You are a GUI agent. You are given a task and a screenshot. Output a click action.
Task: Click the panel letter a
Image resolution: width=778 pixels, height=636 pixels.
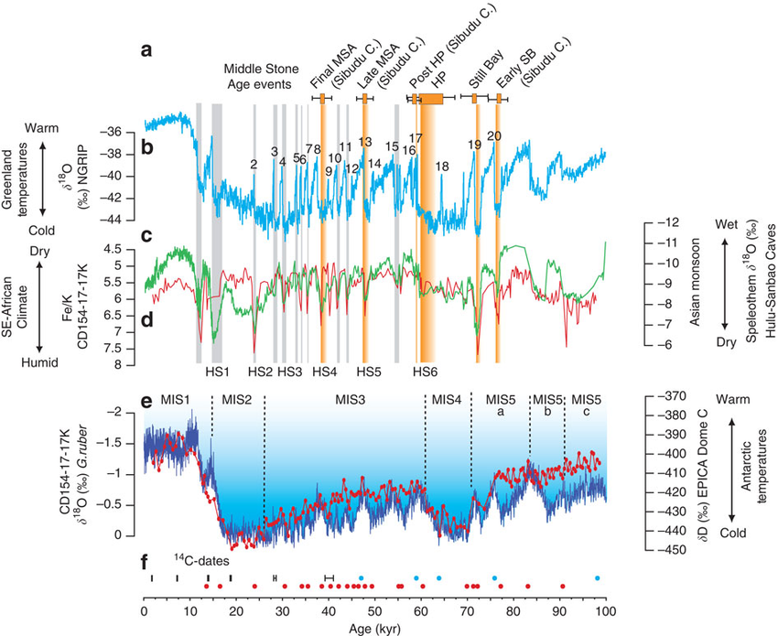[x=146, y=51]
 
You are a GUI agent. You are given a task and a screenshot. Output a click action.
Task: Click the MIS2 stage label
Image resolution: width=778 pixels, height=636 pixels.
[x=237, y=399]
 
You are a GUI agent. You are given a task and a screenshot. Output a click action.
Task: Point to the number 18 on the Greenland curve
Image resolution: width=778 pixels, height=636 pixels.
[x=442, y=167]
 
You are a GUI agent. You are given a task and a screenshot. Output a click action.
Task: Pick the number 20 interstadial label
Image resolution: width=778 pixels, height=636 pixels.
[x=494, y=136]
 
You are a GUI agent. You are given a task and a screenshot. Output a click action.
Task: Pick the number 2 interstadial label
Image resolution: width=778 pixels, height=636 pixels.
[x=254, y=164]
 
